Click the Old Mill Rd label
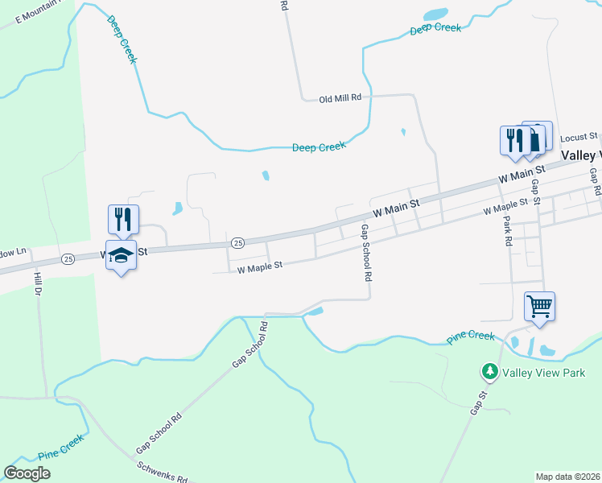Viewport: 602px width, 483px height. coord(340,99)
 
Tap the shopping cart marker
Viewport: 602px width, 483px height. coord(539,306)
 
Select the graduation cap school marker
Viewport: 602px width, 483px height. coord(121,256)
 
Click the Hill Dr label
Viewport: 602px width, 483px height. coord(36,286)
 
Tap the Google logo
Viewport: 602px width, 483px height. coord(27,473)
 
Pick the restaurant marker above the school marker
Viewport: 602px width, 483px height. coord(123,219)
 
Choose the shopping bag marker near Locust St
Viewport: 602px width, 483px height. coord(536,137)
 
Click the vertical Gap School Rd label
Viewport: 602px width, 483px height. coord(366,252)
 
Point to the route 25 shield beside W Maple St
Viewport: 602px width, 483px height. coord(237,242)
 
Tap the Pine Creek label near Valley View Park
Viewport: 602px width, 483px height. coord(470,336)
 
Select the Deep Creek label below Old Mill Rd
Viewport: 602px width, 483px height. coord(319,147)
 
